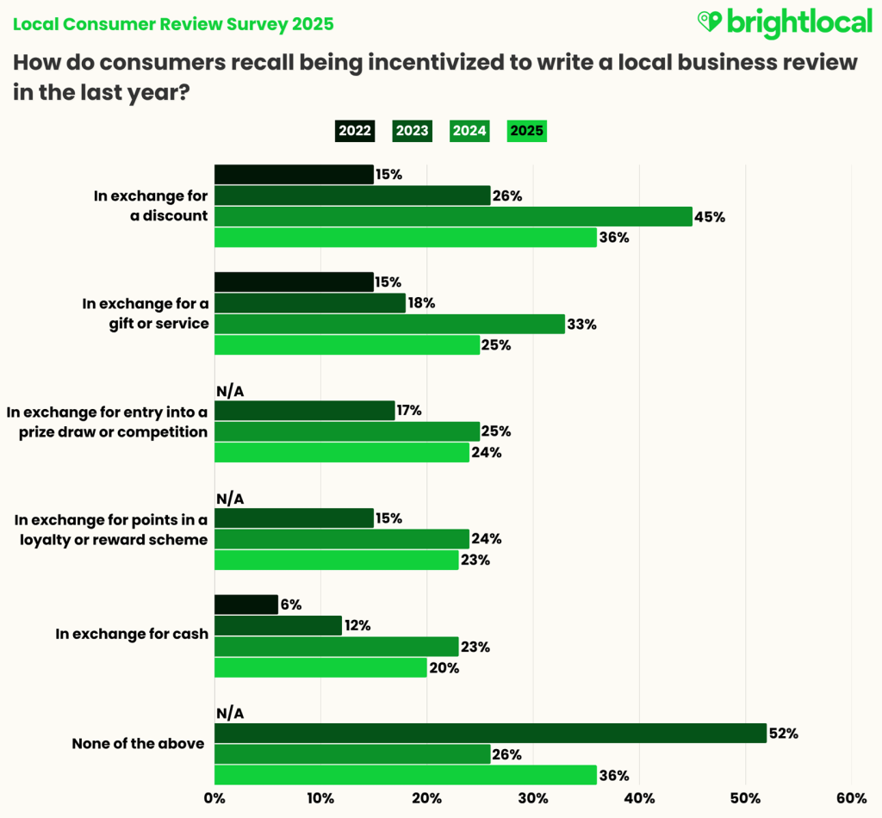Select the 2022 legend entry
[355, 131]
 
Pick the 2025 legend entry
[527, 131]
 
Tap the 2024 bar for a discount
[453, 217]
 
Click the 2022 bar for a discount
[294, 175]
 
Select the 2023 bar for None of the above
[490, 734]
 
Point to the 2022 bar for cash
[246, 604]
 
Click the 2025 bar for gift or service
[346, 345]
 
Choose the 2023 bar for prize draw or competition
[304, 411]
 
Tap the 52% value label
[785, 734]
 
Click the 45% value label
[711, 217]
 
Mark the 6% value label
[290, 604]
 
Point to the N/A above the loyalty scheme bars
[230, 499]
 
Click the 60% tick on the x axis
[851, 797]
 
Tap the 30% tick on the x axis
[532, 797]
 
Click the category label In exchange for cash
[132, 635]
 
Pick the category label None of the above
[138, 743]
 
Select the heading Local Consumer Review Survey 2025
[173, 24]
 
